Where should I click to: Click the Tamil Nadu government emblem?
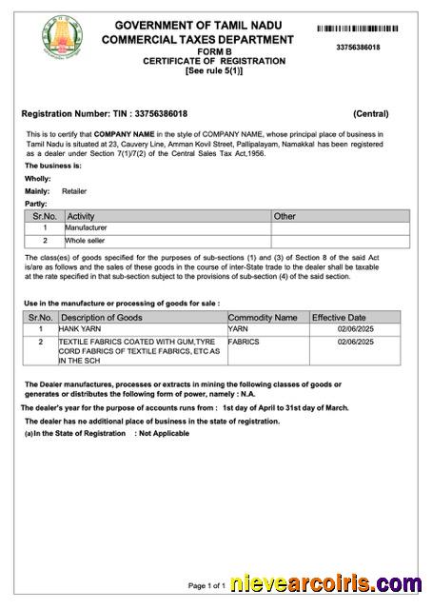[x=62, y=36]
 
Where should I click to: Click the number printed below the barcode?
[x=358, y=47]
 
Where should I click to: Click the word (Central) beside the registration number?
[x=370, y=113]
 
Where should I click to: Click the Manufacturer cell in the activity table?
[x=86, y=228]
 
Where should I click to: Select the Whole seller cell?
[x=85, y=242]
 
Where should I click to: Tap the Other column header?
[x=285, y=216]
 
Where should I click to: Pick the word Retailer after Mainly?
[x=74, y=190]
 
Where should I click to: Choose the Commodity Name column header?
[x=263, y=317]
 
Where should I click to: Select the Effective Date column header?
[x=339, y=317]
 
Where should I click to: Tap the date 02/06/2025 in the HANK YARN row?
[x=357, y=328]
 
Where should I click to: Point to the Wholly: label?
[x=37, y=178]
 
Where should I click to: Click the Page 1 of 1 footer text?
[x=206, y=585]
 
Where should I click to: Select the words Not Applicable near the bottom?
[x=164, y=433]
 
